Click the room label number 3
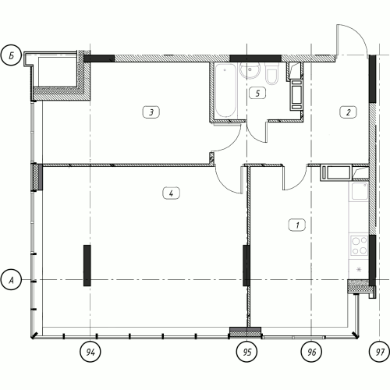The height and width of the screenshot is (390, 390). (x=151, y=112)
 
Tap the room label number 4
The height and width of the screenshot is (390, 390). (x=171, y=193)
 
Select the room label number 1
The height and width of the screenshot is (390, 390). (x=297, y=225)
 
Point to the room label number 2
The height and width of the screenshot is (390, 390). (x=349, y=112)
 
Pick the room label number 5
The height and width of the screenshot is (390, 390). (x=257, y=93)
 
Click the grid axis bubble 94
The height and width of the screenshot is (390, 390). (x=90, y=352)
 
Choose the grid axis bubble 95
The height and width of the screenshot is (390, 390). (x=247, y=352)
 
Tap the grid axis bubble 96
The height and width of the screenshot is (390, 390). (x=311, y=352)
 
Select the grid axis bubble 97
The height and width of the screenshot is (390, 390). (x=380, y=352)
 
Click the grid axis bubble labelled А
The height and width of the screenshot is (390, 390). (x=11, y=280)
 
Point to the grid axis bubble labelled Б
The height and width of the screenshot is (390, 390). (x=11, y=55)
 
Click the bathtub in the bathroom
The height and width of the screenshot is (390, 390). (x=226, y=90)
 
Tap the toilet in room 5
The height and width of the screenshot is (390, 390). (x=271, y=73)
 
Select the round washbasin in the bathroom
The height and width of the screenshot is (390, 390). (x=250, y=70)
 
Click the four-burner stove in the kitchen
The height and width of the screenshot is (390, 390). (x=359, y=246)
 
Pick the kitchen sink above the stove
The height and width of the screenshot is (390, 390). (x=360, y=191)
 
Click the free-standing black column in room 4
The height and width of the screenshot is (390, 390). (x=87, y=265)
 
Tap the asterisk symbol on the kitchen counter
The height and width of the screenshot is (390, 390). (x=359, y=270)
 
